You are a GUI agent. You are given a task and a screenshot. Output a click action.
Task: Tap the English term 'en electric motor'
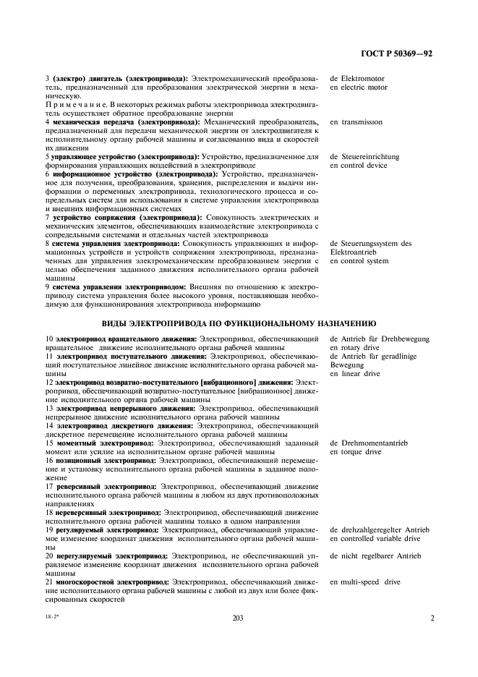click(x=358, y=88)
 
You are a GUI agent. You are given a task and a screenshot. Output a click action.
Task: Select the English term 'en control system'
click(x=359, y=260)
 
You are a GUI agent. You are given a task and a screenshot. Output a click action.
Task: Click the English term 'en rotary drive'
click(x=354, y=347)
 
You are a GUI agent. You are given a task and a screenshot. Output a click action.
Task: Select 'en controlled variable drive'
click(x=375, y=538)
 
